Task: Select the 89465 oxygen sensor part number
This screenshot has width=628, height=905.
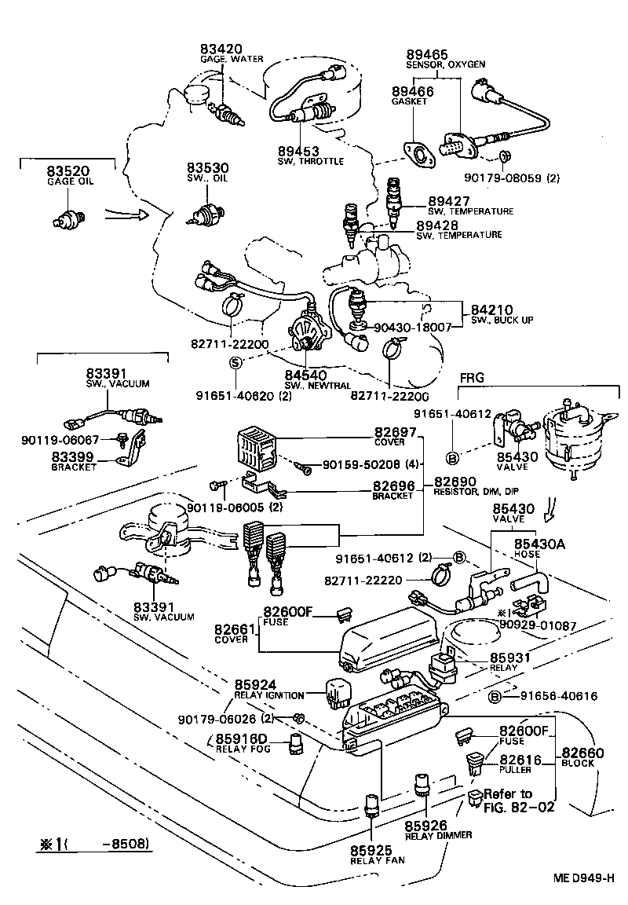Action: click(x=427, y=54)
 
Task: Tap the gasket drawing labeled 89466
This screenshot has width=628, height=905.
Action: click(x=418, y=154)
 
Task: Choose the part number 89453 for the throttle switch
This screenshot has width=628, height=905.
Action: click(x=298, y=150)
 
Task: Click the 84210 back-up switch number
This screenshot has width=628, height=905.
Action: click(x=491, y=310)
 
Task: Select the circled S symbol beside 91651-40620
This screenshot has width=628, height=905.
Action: click(x=235, y=363)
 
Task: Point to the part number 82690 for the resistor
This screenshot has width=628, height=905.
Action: click(x=456, y=480)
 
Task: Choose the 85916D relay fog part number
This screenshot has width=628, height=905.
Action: click(x=242, y=738)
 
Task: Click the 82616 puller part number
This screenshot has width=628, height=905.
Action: click(x=521, y=760)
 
